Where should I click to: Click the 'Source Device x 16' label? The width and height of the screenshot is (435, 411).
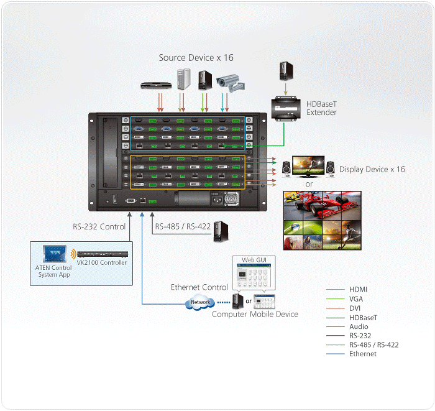196,58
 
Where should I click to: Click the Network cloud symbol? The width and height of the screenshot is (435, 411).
199,303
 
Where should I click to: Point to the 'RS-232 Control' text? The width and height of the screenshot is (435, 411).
99,227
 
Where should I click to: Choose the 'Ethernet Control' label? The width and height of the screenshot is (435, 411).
199,287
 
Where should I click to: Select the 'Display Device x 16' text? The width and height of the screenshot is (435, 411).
372,169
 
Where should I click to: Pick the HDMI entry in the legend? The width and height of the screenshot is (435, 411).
359,290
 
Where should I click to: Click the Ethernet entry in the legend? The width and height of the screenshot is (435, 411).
363,354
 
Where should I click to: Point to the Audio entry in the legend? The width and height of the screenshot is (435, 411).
359,326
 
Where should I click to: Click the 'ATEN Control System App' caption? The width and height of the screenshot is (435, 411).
53,271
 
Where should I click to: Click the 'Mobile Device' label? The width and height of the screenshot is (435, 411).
275,314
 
